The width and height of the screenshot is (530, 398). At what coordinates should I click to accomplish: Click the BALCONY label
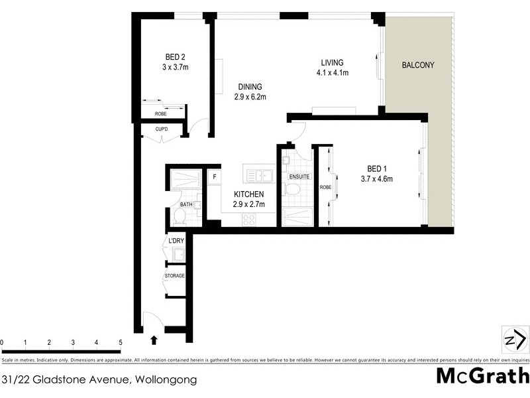pos(418,65)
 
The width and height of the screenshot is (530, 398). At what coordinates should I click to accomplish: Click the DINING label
pos(250,86)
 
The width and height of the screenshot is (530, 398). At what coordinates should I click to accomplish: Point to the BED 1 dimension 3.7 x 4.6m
pos(377,178)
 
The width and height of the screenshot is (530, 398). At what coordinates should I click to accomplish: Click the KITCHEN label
pos(249,194)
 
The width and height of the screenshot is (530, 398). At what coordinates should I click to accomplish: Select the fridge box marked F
pos(214,177)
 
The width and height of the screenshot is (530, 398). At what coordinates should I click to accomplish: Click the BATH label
pos(186,204)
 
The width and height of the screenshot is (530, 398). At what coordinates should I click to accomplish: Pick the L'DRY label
pos(176,240)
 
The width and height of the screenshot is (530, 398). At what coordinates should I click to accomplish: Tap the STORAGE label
pos(175,275)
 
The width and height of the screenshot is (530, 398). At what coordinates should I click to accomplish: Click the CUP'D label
pos(161,129)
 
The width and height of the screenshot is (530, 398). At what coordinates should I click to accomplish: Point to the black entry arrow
pos(154,340)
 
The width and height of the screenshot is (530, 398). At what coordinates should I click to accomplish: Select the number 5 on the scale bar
pos(121,342)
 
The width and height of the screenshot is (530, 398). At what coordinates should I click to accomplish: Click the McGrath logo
pos(482,375)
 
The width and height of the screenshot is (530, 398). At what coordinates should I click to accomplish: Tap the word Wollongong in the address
pos(166,380)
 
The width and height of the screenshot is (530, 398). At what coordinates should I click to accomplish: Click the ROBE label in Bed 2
pos(160,113)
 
